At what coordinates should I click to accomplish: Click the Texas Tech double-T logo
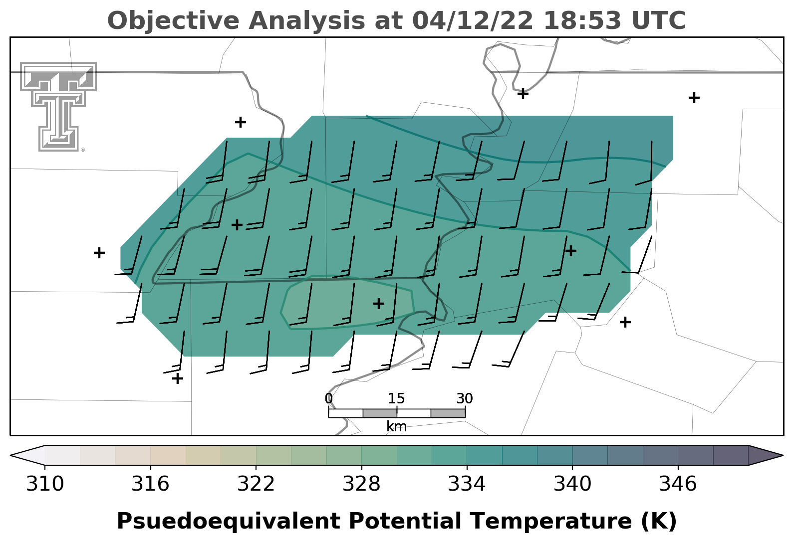[58, 106]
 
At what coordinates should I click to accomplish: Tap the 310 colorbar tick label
[45, 484]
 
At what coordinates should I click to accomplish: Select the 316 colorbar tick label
[150, 484]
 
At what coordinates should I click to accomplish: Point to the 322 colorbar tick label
[256, 484]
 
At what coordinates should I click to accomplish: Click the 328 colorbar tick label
[361, 484]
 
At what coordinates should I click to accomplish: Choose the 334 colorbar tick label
[467, 484]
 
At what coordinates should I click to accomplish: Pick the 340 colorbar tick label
[572, 484]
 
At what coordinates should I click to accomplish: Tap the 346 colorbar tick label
[678, 484]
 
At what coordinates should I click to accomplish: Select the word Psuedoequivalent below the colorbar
[229, 522]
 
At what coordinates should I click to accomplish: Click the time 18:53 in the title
[582, 20]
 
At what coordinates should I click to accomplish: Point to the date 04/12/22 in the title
[473, 20]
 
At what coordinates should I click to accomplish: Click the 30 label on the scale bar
[465, 399]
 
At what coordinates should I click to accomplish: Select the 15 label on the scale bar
[396, 399]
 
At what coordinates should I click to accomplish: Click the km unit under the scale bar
[396, 427]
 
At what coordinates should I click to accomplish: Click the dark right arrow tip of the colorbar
[783, 455]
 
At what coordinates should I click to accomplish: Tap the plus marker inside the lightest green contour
[378, 304]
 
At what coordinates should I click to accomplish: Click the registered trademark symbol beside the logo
[83, 150]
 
